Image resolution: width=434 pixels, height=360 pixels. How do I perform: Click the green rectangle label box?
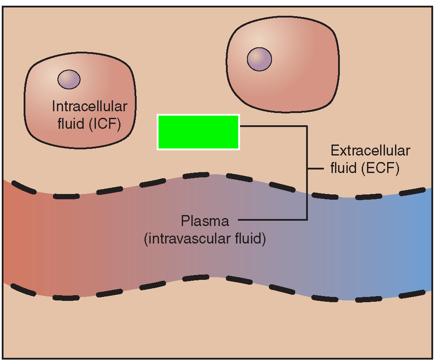pos(198,132)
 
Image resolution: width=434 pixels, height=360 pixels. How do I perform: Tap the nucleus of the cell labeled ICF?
pos(69,80)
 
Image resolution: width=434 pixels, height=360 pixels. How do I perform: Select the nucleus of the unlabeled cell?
pos(259,59)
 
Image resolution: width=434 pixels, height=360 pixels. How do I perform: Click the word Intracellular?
pos(90,106)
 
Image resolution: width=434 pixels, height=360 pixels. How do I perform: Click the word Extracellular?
pos(370,151)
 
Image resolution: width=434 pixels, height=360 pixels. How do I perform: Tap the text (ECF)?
pos(381,169)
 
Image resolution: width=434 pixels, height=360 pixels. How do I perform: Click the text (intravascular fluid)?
pos(205,240)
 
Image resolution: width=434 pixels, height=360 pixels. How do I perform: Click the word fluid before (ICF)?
pos(72,124)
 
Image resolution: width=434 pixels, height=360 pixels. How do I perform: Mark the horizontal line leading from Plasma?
pos(272,219)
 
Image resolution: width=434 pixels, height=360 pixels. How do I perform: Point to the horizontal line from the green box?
pos(272,126)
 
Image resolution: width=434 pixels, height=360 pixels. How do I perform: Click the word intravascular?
pos(193,240)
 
